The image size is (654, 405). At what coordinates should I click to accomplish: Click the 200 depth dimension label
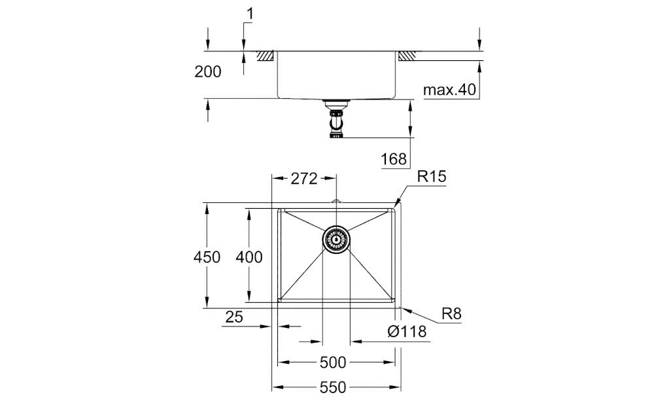[x=208, y=72]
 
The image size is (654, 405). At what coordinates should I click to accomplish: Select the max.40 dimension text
[x=449, y=90]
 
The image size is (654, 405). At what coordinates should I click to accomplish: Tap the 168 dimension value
[x=393, y=158]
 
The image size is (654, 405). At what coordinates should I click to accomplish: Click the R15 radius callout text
[x=432, y=177]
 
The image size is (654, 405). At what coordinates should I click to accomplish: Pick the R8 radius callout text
[x=451, y=314]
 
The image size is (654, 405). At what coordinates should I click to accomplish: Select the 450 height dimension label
[x=207, y=257]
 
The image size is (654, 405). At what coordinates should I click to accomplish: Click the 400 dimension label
[x=249, y=257]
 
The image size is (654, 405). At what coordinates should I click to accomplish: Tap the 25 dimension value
[x=234, y=317]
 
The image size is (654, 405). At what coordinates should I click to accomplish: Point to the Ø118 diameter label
[x=407, y=332]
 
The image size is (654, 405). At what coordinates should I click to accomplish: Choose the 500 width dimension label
[x=336, y=362]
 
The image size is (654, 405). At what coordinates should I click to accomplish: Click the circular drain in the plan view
[x=336, y=239]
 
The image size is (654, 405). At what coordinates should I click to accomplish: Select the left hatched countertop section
[x=266, y=56]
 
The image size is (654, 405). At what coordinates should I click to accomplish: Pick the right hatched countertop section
[x=405, y=56]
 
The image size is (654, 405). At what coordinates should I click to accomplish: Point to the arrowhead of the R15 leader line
[x=396, y=204]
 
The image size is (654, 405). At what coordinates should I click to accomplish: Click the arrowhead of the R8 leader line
[x=402, y=306]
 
